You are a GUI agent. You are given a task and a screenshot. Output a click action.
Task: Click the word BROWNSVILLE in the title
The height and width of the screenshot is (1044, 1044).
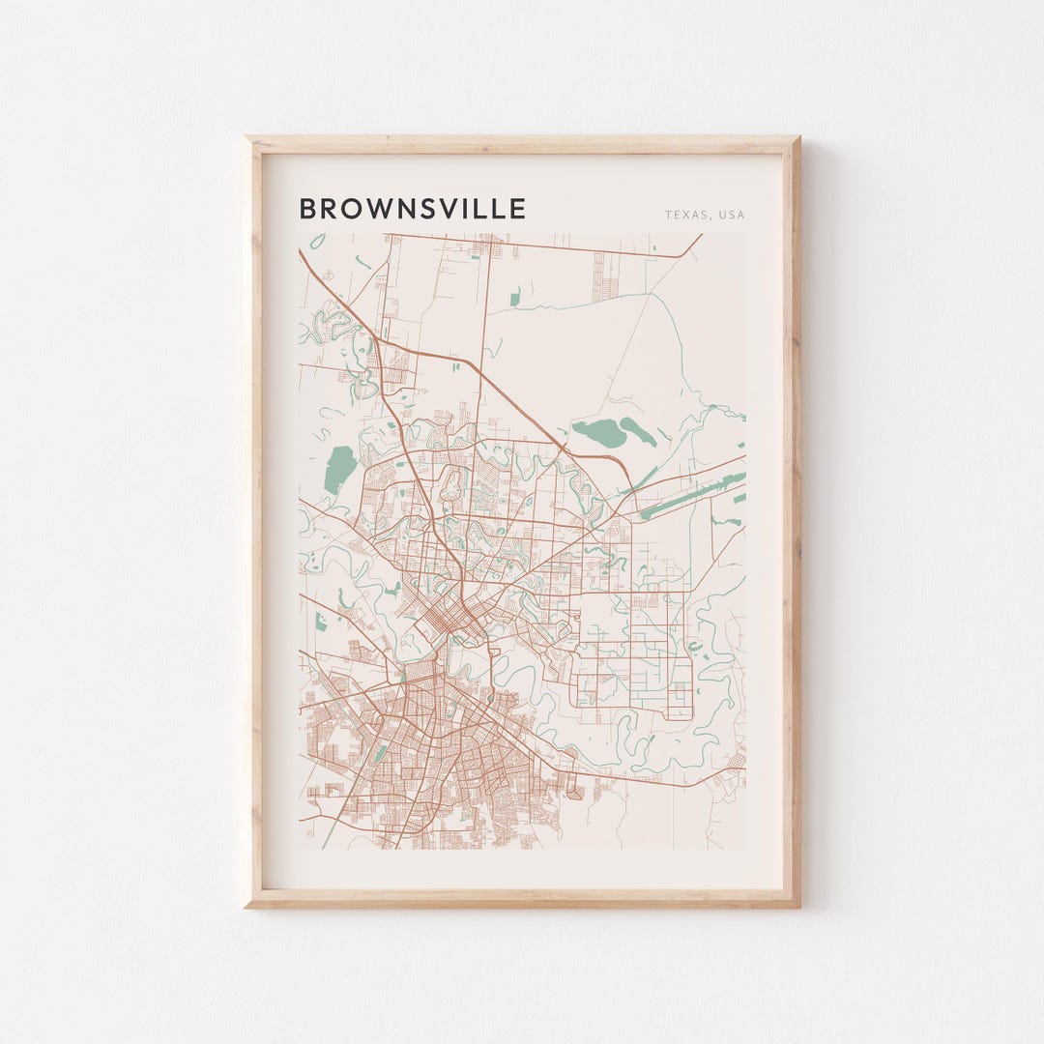pyautogui.click(x=413, y=209)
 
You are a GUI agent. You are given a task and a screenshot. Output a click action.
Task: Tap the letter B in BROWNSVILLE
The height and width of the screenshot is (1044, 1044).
pyautogui.click(x=307, y=209)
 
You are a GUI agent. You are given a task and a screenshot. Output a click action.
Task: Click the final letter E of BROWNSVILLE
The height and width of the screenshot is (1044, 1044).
pyautogui.click(x=518, y=209)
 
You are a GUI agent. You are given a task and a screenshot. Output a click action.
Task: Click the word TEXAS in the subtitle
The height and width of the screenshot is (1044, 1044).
pyautogui.click(x=684, y=215)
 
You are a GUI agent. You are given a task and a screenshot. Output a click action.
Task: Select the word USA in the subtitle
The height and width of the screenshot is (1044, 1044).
pyautogui.click(x=732, y=215)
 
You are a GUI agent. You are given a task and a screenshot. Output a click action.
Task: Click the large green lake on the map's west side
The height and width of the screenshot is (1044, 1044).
pyautogui.click(x=338, y=469)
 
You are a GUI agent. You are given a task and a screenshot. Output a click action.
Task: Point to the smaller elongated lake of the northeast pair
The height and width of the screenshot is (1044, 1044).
pyautogui.click(x=637, y=430)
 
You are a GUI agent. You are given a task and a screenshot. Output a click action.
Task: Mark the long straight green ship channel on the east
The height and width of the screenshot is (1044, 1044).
pyautogui.click(x=691, y=494)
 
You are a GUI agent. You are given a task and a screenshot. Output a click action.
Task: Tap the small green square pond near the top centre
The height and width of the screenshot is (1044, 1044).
pyautogui.click(x=514, y=298)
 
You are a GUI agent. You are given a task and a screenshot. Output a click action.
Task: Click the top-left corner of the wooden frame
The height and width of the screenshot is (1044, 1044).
pyautogui.click(x=246, y=137)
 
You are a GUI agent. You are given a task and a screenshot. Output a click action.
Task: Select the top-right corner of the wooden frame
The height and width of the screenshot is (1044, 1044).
pyautogui.click(x=798, y=137)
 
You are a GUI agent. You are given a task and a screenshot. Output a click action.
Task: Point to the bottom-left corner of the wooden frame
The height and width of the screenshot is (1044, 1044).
pyautogui.click(x=246, y=907)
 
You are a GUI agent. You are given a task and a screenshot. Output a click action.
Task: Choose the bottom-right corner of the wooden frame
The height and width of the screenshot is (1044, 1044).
pyautogui.click(x=798, y=907)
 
